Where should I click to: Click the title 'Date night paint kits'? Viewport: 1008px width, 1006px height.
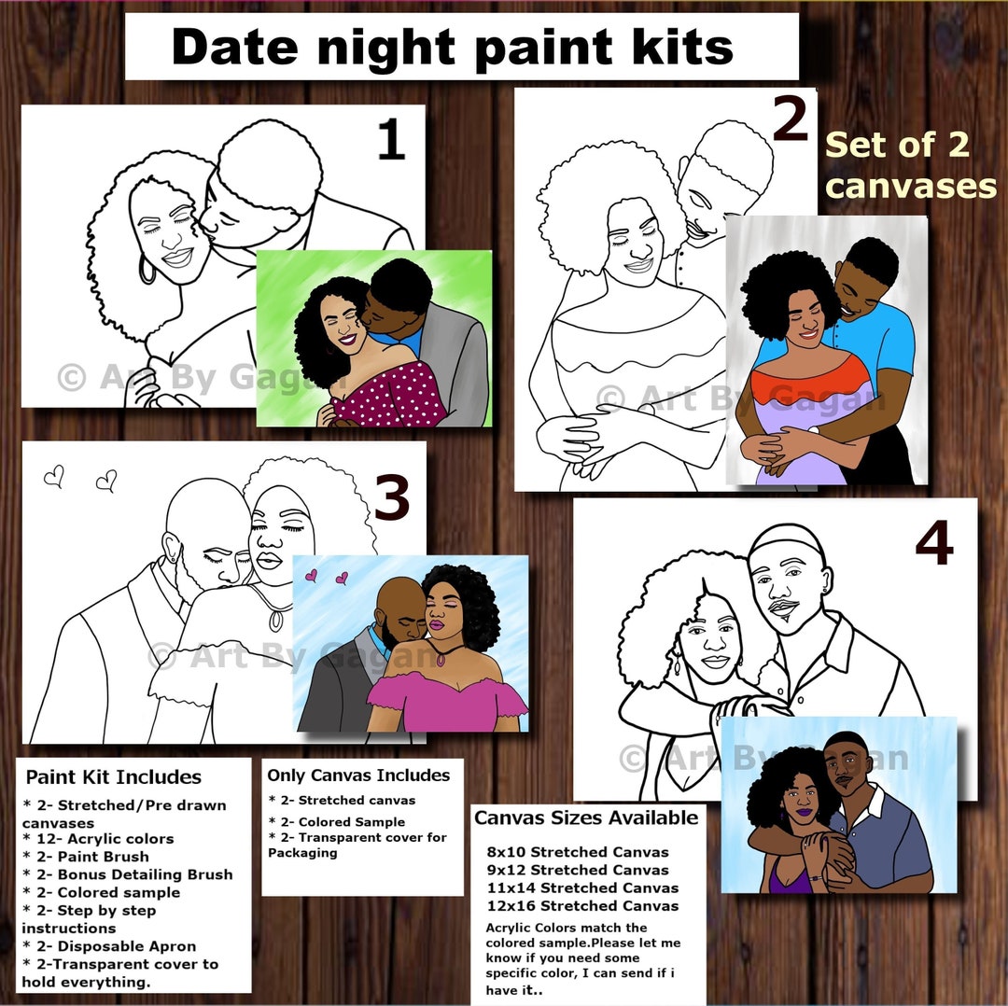[x=453, y=47]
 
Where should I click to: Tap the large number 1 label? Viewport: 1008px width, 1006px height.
[x=390, y=141]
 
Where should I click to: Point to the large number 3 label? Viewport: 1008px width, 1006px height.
[x=391, y=495]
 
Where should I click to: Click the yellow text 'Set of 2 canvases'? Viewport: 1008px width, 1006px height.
[x=910, y=165]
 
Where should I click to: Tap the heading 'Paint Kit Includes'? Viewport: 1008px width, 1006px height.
[x=113, y=777]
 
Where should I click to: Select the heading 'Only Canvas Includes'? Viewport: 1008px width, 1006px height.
[x=358, y=775]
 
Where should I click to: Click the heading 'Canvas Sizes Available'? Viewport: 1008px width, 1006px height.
[x=586, y=818]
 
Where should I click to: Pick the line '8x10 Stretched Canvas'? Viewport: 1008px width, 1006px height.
[x=577, y=852]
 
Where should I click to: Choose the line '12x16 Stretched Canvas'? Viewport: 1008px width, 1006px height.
[x=582, y=905]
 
